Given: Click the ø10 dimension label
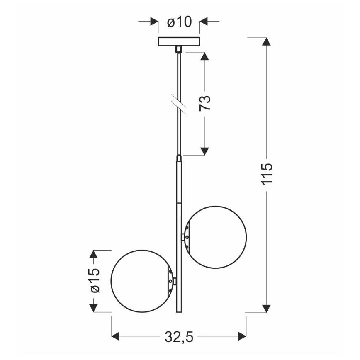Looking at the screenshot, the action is pos(179,22).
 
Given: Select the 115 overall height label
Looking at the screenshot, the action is pos(267,173).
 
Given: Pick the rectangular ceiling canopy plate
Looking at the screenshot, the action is pos(179,41).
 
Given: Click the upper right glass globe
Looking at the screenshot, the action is pos(216,237).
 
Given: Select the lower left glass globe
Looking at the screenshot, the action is pos(142,281).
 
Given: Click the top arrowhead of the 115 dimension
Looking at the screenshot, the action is pos(266,41).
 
